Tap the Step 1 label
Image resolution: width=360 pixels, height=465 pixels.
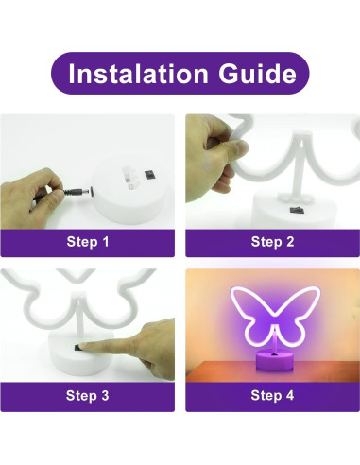coord(88,242)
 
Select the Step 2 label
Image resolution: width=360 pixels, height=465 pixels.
coord(272,242)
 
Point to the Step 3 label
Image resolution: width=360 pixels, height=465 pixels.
coord(88,396)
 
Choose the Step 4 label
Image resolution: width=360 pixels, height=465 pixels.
coord(272,396)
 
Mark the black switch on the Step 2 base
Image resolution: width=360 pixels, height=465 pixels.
coord(295,206)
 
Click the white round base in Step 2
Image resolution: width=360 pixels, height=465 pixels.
coord(283,213)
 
